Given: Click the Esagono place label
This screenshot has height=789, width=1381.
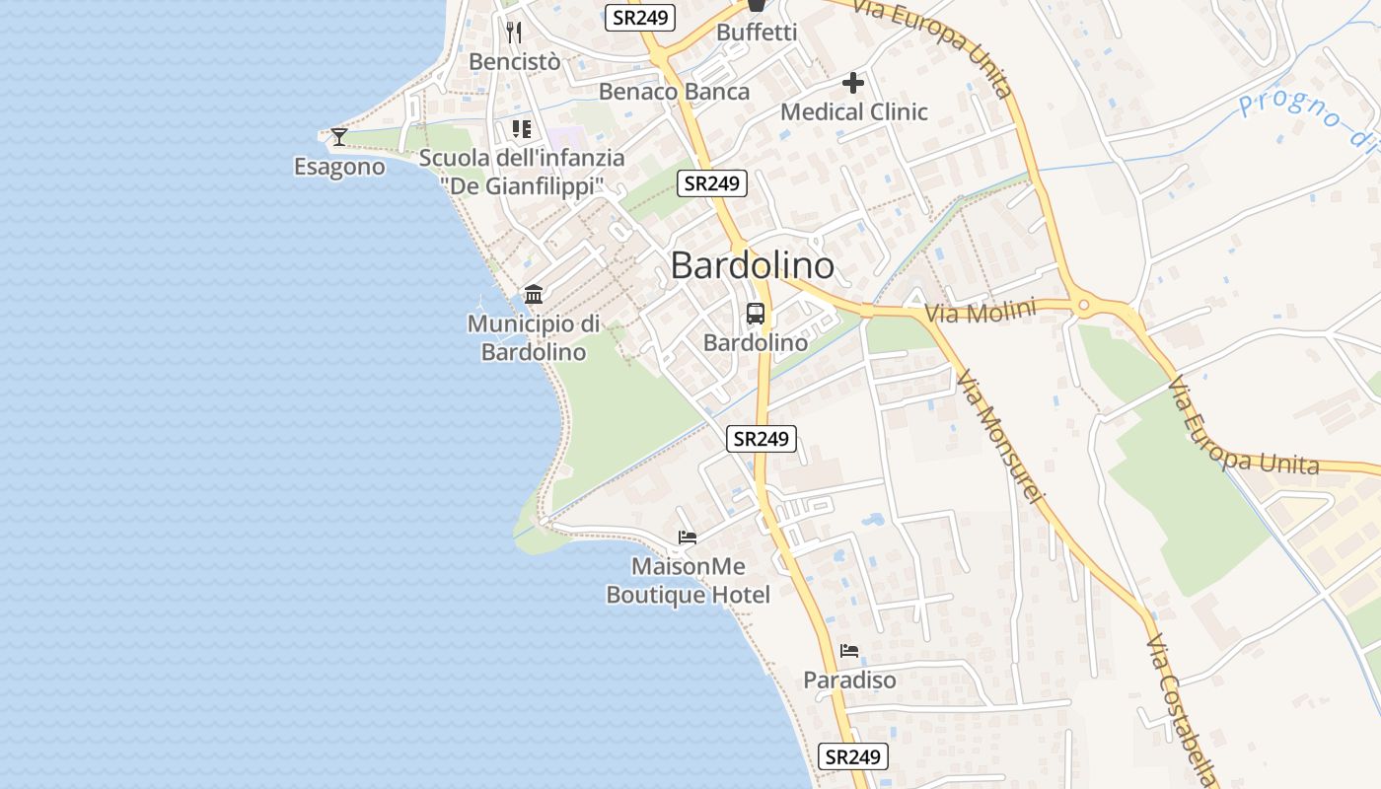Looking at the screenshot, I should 339,167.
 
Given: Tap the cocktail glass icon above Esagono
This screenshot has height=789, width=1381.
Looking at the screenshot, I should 339,136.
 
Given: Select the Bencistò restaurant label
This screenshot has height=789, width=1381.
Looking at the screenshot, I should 514,61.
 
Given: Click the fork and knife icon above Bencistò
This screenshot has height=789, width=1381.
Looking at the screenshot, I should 513,33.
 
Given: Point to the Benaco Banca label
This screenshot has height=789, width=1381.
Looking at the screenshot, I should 675,92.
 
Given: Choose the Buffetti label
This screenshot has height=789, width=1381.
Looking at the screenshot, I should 757,32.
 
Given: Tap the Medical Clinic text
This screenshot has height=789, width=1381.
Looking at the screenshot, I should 853,111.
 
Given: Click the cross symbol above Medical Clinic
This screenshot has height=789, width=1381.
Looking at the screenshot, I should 853,83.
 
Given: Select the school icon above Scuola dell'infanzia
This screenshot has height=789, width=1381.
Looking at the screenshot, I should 522,129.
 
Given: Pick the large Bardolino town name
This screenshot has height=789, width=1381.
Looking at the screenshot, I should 752,265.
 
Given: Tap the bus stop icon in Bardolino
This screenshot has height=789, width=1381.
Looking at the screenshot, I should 756,314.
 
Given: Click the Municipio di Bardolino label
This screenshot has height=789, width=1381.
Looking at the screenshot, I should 534,337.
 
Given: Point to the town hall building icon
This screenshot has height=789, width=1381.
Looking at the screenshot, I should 534,294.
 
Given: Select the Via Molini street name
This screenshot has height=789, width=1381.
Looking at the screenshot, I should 981,314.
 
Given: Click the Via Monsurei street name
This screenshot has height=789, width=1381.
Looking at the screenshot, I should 998,438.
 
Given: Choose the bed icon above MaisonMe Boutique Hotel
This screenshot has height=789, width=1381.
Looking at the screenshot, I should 688,538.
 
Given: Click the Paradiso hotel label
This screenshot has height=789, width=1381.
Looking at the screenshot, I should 849,680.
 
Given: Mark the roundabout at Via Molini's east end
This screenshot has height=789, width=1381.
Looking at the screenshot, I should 1084,306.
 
